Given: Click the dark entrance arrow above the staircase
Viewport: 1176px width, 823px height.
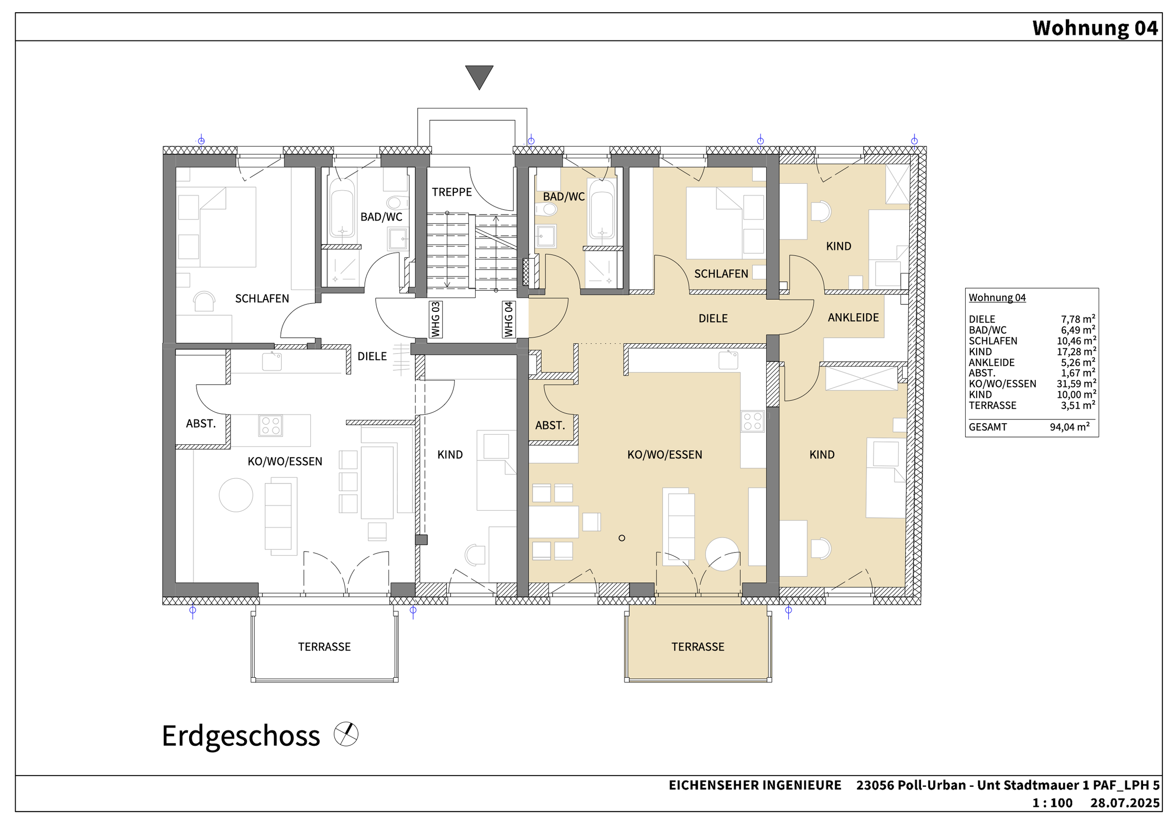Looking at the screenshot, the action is [x=479, y=76].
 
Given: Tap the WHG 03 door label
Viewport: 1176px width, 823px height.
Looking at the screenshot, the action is [x=436, y=320].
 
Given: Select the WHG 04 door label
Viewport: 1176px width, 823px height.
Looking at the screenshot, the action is [x=509, y=320].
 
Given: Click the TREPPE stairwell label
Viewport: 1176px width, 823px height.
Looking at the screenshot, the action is [x=452, y=192].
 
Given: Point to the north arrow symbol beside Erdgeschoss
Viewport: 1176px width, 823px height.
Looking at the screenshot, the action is [x=346, y=734].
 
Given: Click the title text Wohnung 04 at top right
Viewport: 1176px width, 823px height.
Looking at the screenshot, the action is [x=1095, y=28].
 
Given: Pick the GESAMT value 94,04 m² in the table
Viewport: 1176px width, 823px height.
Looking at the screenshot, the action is [x=1070, y=427].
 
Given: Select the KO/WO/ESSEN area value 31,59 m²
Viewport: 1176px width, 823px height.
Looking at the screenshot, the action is [x=1076, y=384].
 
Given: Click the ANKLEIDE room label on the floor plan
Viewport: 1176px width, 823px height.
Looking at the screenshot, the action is [x=853, y=317].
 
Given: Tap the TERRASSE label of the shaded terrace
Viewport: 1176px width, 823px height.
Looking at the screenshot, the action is [x=698, y=647].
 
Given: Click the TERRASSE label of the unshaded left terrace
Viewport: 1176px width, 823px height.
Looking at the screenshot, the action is [x=324, y=647].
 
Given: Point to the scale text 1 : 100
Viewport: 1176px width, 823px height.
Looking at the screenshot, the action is [x=1053, y=802].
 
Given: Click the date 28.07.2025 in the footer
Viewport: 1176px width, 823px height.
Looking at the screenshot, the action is [x=1125, y=802].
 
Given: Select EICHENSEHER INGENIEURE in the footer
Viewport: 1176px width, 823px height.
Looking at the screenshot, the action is [x=755, y=785].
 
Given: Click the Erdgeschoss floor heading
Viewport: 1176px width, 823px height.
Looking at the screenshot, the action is [x=241, y=736].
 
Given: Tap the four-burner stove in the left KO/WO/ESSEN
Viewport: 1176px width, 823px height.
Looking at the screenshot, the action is [x=271, y=425].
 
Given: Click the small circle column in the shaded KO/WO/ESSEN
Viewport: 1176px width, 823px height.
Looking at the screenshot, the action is [x=622, y=538].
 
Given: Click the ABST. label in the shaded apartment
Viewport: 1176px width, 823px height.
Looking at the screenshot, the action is [x=550, y=425].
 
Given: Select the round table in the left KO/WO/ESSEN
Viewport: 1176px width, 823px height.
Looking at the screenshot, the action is [x=236, y=495].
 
